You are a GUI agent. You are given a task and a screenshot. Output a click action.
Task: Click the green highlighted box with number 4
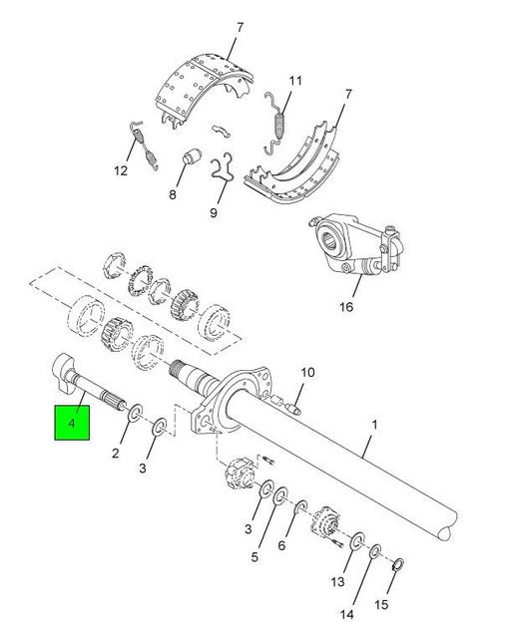(72, 423)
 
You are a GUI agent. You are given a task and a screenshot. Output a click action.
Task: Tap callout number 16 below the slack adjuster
(346, 307)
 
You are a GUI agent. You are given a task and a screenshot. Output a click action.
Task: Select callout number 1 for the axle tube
(374, 425)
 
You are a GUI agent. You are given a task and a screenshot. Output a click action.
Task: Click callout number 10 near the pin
(308, 372)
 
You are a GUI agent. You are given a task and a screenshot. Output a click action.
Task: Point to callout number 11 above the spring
(295, 81)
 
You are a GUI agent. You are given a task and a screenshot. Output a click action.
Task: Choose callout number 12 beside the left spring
(121, 170)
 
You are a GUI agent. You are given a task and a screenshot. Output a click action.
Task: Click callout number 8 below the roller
(173, 194)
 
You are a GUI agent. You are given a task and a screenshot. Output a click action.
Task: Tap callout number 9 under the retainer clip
(214, 212)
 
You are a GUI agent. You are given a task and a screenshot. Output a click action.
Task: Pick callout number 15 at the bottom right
(381, 604)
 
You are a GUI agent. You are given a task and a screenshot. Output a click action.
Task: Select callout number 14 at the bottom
(346, 614)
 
